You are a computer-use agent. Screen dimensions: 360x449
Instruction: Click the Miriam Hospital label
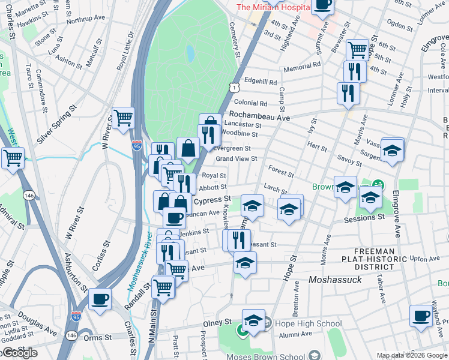pyautogui.click(x=273, y=7)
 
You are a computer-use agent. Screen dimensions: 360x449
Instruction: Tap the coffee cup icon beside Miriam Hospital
pyautogui.click(x=322, y=5)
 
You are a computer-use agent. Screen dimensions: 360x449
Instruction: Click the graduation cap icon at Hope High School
pyautogui.click(x=253, y=319)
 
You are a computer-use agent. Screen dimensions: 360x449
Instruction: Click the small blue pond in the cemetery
pyautogui.click(x=190, y=54)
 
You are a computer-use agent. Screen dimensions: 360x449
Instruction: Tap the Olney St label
pyautogui.click(x=220, y=322)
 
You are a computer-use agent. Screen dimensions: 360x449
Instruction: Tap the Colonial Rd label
pyautogui.click(x=250, y=103)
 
